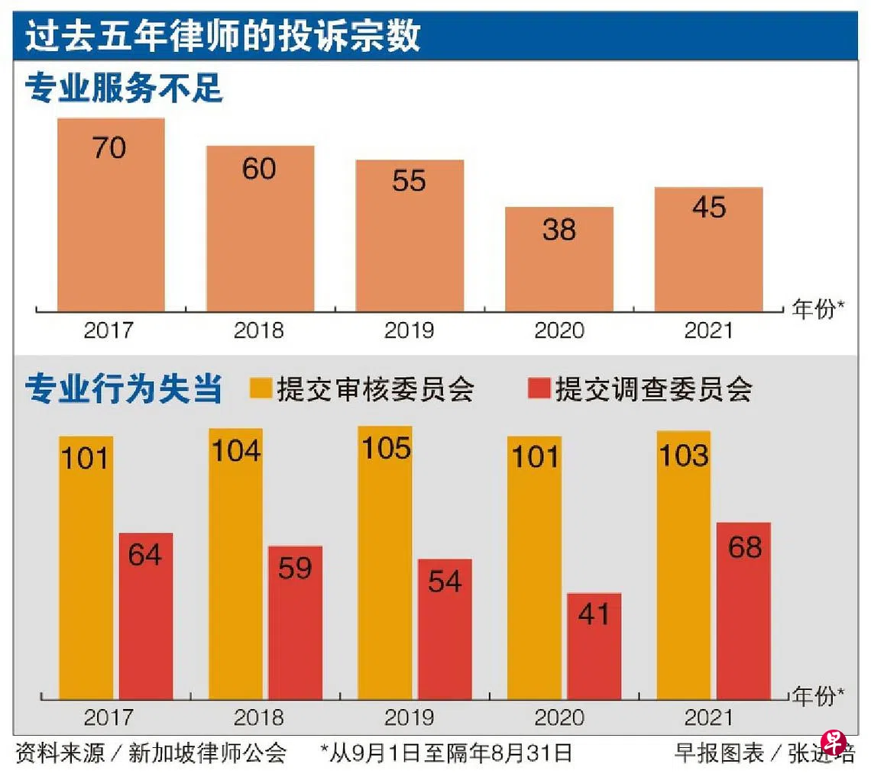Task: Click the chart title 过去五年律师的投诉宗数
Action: [x=222, y=37]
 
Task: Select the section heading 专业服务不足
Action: [x=124, y=89]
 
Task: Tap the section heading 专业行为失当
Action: [x=124, y=389]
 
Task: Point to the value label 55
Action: [x=409, y=181]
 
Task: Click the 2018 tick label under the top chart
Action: [x=258, y=330]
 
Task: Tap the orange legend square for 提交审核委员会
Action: [x=261, y=389]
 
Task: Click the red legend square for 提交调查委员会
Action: [x=539, y=389]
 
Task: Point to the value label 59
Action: [x=295, y=568]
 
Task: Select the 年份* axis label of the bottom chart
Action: [x=818, y=696]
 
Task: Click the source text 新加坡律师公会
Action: [x=207, y=754]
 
